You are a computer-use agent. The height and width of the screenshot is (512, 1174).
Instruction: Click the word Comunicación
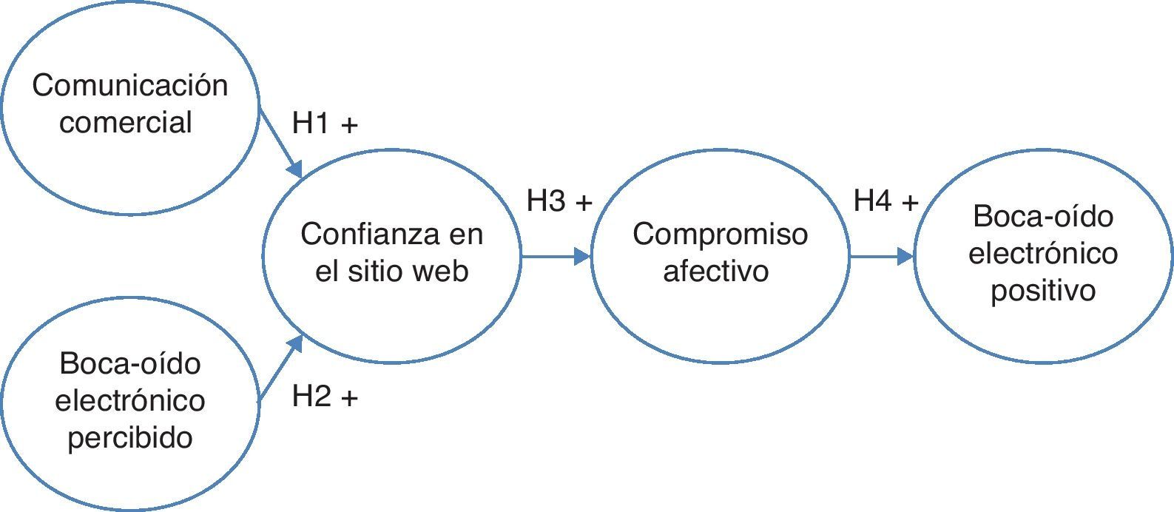click(129, 86)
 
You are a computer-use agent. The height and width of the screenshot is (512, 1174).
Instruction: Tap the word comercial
click(126, 122)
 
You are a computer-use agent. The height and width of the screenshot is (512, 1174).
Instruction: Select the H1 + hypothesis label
click(325, 124)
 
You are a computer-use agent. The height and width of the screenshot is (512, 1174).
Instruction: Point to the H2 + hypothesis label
click(325, 397)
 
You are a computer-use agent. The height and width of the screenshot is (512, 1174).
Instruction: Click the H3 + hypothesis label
click(559, 201)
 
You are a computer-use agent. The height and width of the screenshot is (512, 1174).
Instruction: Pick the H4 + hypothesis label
click(885, 201)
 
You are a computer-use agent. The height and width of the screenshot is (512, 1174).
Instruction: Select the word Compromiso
click(720, 235)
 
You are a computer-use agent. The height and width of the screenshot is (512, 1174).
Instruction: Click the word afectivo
click(715, 271)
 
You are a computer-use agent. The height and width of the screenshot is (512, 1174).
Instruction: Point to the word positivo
click(1042, 290)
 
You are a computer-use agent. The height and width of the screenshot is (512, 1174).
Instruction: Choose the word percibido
click(130, 437)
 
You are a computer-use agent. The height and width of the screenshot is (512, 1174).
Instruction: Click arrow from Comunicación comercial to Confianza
click(281, 143)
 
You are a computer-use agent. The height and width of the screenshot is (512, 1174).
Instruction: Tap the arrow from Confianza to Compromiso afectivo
click(556, 257)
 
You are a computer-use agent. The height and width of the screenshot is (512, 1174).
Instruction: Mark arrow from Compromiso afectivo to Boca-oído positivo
click(882, 257)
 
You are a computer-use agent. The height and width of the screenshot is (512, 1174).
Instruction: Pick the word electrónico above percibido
click(130, 400)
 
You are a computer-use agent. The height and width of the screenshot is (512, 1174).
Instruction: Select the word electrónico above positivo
click(1042, 254)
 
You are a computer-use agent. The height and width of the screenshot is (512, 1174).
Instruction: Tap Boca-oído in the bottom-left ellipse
click(130, 364)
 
